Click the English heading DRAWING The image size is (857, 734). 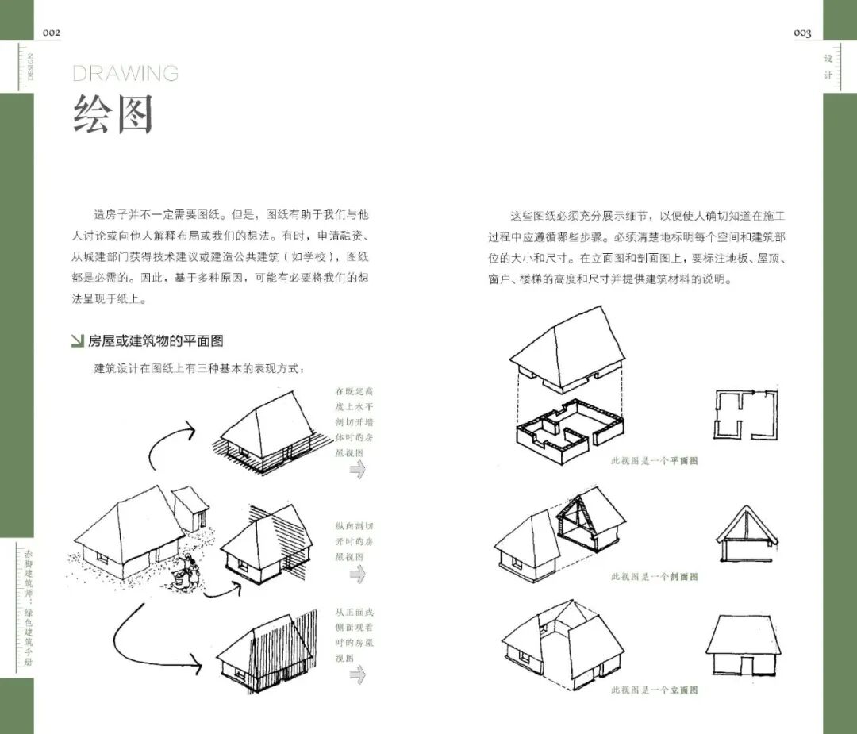125,74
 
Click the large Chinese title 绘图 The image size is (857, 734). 113,115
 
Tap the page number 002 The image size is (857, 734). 51,33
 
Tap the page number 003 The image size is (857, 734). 802,33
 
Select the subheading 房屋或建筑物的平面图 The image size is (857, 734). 156,341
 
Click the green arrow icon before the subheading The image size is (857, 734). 77,341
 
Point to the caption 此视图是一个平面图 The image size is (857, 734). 654,461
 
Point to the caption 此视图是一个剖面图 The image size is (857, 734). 654,576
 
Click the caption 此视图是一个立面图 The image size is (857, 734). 654,690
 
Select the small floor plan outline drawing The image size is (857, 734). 743,413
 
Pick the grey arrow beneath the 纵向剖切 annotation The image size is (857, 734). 357,575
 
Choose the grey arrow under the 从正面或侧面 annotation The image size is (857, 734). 357,674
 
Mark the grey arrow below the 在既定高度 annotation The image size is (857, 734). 357,469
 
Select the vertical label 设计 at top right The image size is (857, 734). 828,67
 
